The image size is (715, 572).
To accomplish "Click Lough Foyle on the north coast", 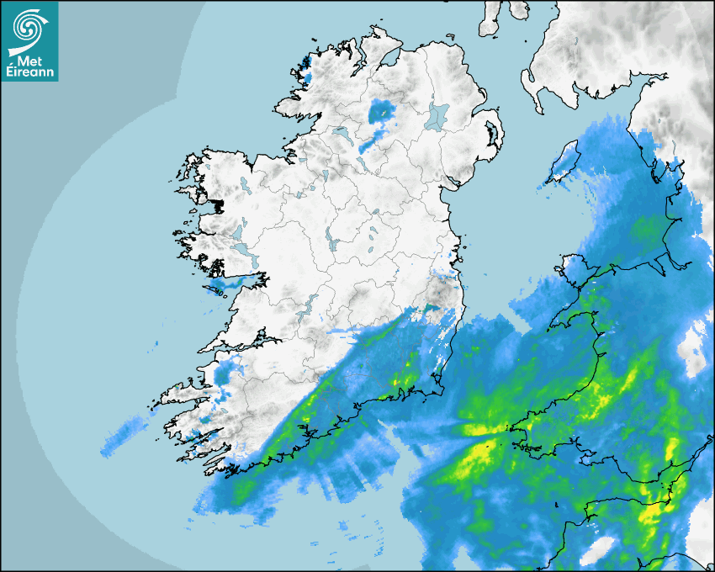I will pos(389,60).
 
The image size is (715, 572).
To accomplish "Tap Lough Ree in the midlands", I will pos(332,241).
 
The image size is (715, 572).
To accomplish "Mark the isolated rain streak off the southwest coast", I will pos(126,433).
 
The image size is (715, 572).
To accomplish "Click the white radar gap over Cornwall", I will pos(599,550).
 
